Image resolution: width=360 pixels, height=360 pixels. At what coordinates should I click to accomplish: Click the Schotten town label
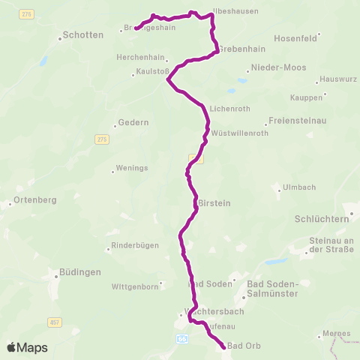coord(83,34)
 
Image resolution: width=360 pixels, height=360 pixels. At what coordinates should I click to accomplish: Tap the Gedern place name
coord(134,122)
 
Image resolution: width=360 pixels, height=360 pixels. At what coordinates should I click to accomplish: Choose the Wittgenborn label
coord(135,286)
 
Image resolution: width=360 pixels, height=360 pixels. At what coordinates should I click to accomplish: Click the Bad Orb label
coord(244,346)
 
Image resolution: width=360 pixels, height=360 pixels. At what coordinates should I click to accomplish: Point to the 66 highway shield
coord(182,340)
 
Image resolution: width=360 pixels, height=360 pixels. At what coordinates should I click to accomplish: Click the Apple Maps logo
coord(27,347)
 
